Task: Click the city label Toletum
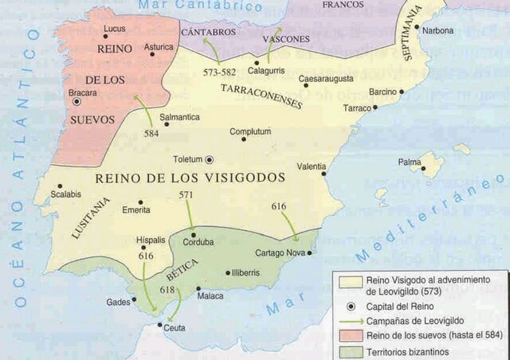pos(186,158)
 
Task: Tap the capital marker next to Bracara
pos(76,102)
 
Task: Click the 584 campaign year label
pos(151,133)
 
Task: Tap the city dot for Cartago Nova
pos(309,253)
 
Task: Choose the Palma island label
pos(410,162)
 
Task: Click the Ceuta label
pos(174,327)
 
